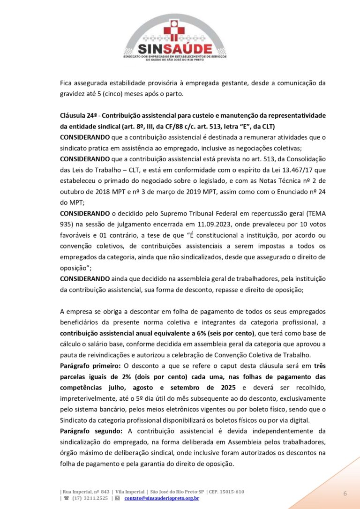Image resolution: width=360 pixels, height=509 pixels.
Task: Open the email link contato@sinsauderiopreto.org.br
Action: point(162,498)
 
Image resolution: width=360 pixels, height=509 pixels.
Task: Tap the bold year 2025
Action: point(230,387)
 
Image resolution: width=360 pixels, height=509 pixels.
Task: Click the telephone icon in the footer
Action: point(67,498)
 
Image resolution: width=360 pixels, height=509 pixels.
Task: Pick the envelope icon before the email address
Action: point(117,498)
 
